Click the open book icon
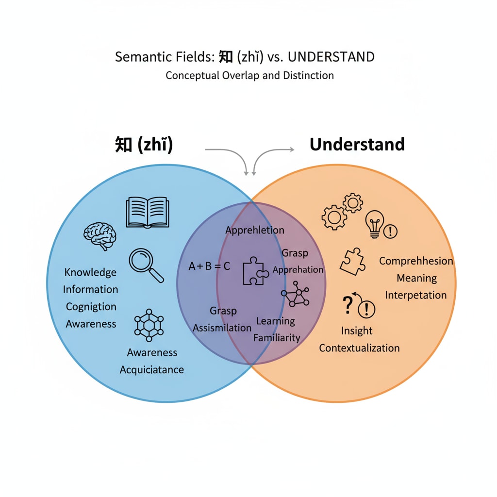[148, 213]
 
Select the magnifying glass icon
[146, 265]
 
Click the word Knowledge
[90, 272]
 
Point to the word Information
[90, 289]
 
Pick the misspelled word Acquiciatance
[151, 370]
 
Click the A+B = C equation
[210, 266]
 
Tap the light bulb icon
[375, 224]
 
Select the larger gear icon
[334, 217]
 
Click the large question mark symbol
[347, 306]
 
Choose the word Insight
[357, 331]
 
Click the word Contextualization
[359, 348]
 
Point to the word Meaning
[416, 278]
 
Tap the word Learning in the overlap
[275, 321]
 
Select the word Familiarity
[277, 338]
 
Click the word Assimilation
[222, 328]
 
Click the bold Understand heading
[357, 144]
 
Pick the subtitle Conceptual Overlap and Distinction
[249, 76]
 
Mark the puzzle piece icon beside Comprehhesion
[353, 262]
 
